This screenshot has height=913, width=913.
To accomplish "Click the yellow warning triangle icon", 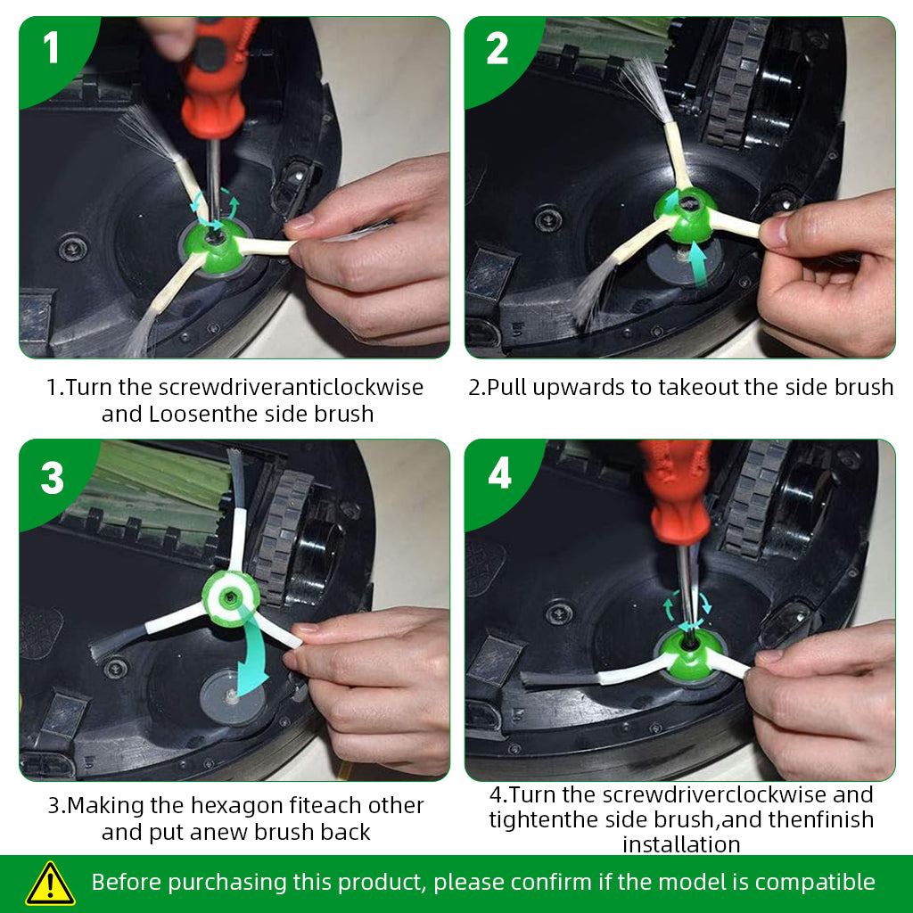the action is pyautogui.click(x=51, y=884).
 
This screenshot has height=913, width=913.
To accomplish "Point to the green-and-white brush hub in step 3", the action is pyautogui.click(x=231, y=598).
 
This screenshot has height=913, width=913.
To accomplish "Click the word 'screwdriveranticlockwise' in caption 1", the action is pyautogui.click(x=291, y=387).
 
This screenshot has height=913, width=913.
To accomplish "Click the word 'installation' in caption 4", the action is pyautogui.click(x=681, y=844).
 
